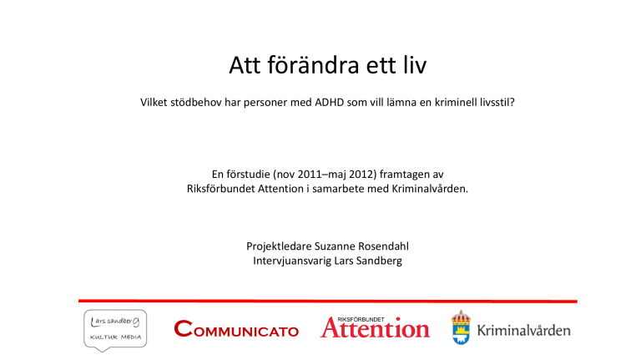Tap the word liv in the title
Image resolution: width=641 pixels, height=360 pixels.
pos(415,65)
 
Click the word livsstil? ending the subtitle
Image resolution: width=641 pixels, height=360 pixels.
pos(496,102)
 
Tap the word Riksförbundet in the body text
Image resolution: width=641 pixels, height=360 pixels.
pos(220,189)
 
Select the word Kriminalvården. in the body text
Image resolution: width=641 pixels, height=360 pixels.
pos(430,189)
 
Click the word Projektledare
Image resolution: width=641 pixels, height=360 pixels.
pos(279,246)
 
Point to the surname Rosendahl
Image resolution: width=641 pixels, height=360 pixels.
pos(383,246)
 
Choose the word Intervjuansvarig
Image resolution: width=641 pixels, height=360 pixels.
pos(292,261)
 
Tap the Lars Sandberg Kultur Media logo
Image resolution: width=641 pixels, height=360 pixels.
pos(115,330)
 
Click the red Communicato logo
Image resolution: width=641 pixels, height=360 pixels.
pos(236,329)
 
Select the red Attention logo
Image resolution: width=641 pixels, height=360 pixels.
pos(375,327)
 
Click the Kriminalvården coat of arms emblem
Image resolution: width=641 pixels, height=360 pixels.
pos(461,327)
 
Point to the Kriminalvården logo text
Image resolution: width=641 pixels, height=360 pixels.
pos(523,330)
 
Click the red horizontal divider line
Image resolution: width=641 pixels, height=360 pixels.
pos(328,301)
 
